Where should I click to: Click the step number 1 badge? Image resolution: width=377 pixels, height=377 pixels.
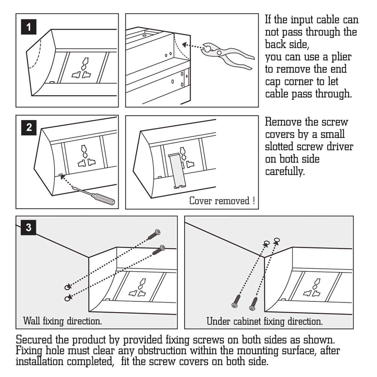click(28, 27)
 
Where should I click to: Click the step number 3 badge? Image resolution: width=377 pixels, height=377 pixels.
click(28, 227)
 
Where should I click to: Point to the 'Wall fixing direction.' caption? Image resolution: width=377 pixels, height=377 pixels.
click(62, 321)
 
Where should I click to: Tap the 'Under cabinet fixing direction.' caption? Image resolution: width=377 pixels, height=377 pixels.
click(264, 321)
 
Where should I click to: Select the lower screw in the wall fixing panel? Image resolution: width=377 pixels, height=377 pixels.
click(159, 250)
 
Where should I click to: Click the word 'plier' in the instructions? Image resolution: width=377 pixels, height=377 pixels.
click(341, 57)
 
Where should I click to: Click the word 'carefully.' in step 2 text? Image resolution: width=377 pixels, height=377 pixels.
click(284, 171)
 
